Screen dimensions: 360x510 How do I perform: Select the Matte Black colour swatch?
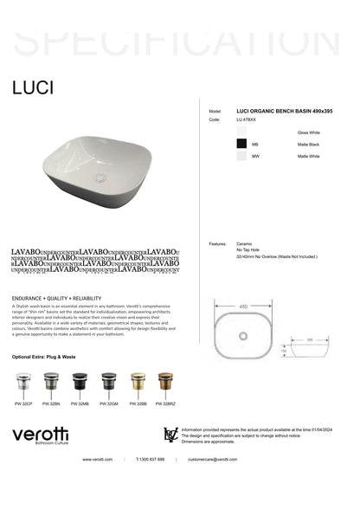pos(242,143)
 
